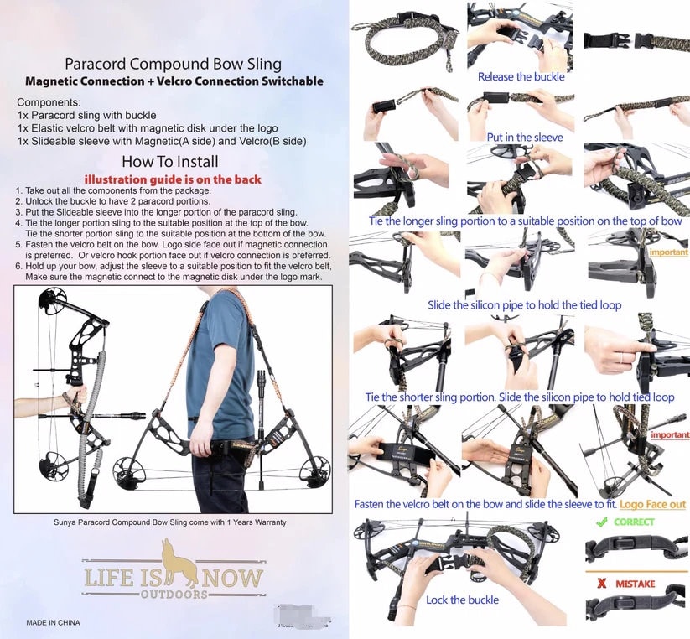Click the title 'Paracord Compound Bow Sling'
pyautogui.click(x=173, y=64)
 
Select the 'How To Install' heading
pyautogui.click(x=169, y=162)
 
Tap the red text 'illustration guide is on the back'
pyautogui.click(x=173, y=179)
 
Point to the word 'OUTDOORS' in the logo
pyautogui.click(x=173, y=594)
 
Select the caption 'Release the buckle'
pyautogui.click(x=521, y=76)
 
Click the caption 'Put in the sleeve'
pyautogui.click(x=525, y=137)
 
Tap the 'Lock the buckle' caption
pyautogui.click(x=462, y=600)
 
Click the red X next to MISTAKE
pyautogui.click(x=600, y=583)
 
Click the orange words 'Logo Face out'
pyautogui.click(x=652, y=504)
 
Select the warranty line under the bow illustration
pyautogui.click(x=170, y=522)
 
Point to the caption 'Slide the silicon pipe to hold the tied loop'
pyautogui.click(x=524, y=305)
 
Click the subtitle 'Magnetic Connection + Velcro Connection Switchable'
pyautogui.click(x=174, y=81)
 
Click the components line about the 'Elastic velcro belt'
pyautogui.click(x=148, y=127)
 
